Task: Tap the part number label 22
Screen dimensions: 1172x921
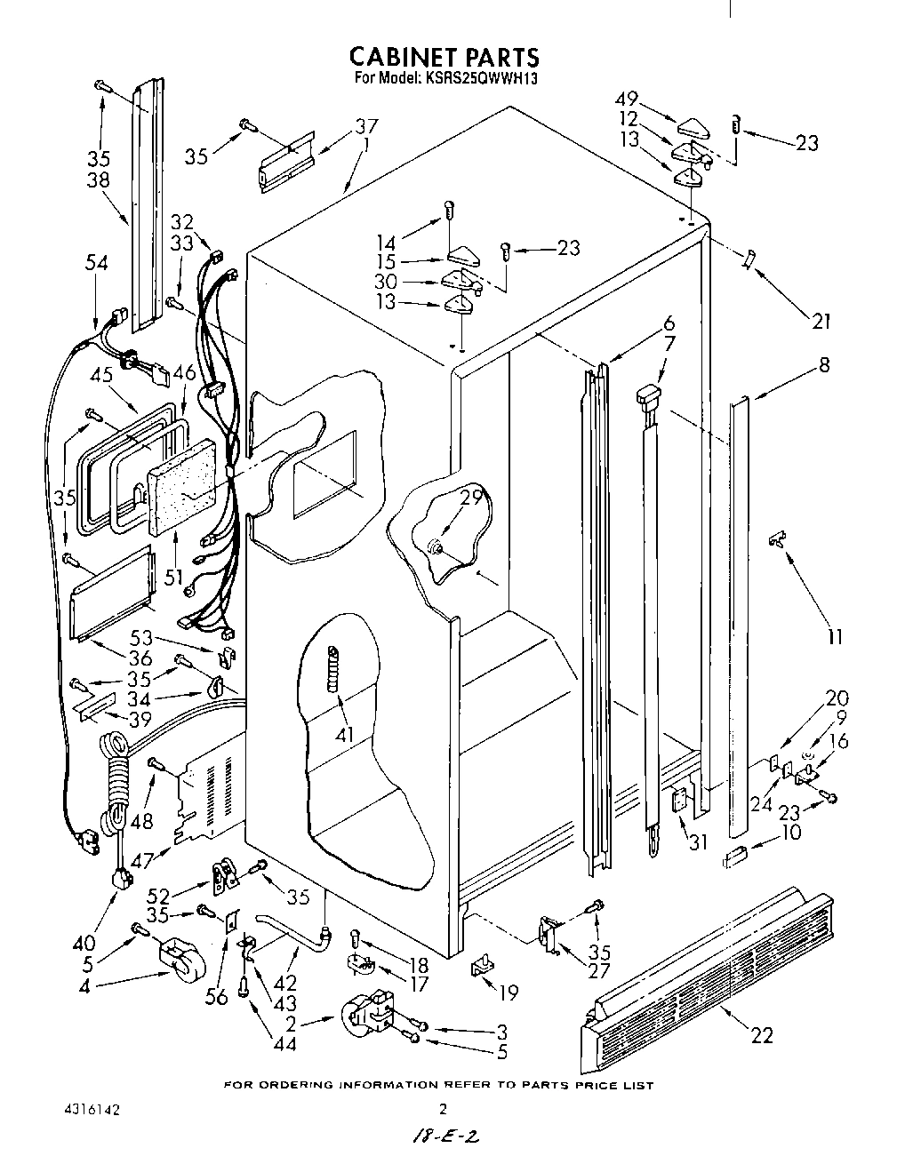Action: click(x=761, y=1034)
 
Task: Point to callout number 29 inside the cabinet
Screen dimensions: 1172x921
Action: click(x=470, y=498)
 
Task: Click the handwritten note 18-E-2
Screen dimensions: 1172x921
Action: click(x=447, y=1138)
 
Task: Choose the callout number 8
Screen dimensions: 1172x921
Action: click(x=824, y=363)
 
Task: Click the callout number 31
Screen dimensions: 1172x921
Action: click(x=698, y=841)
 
